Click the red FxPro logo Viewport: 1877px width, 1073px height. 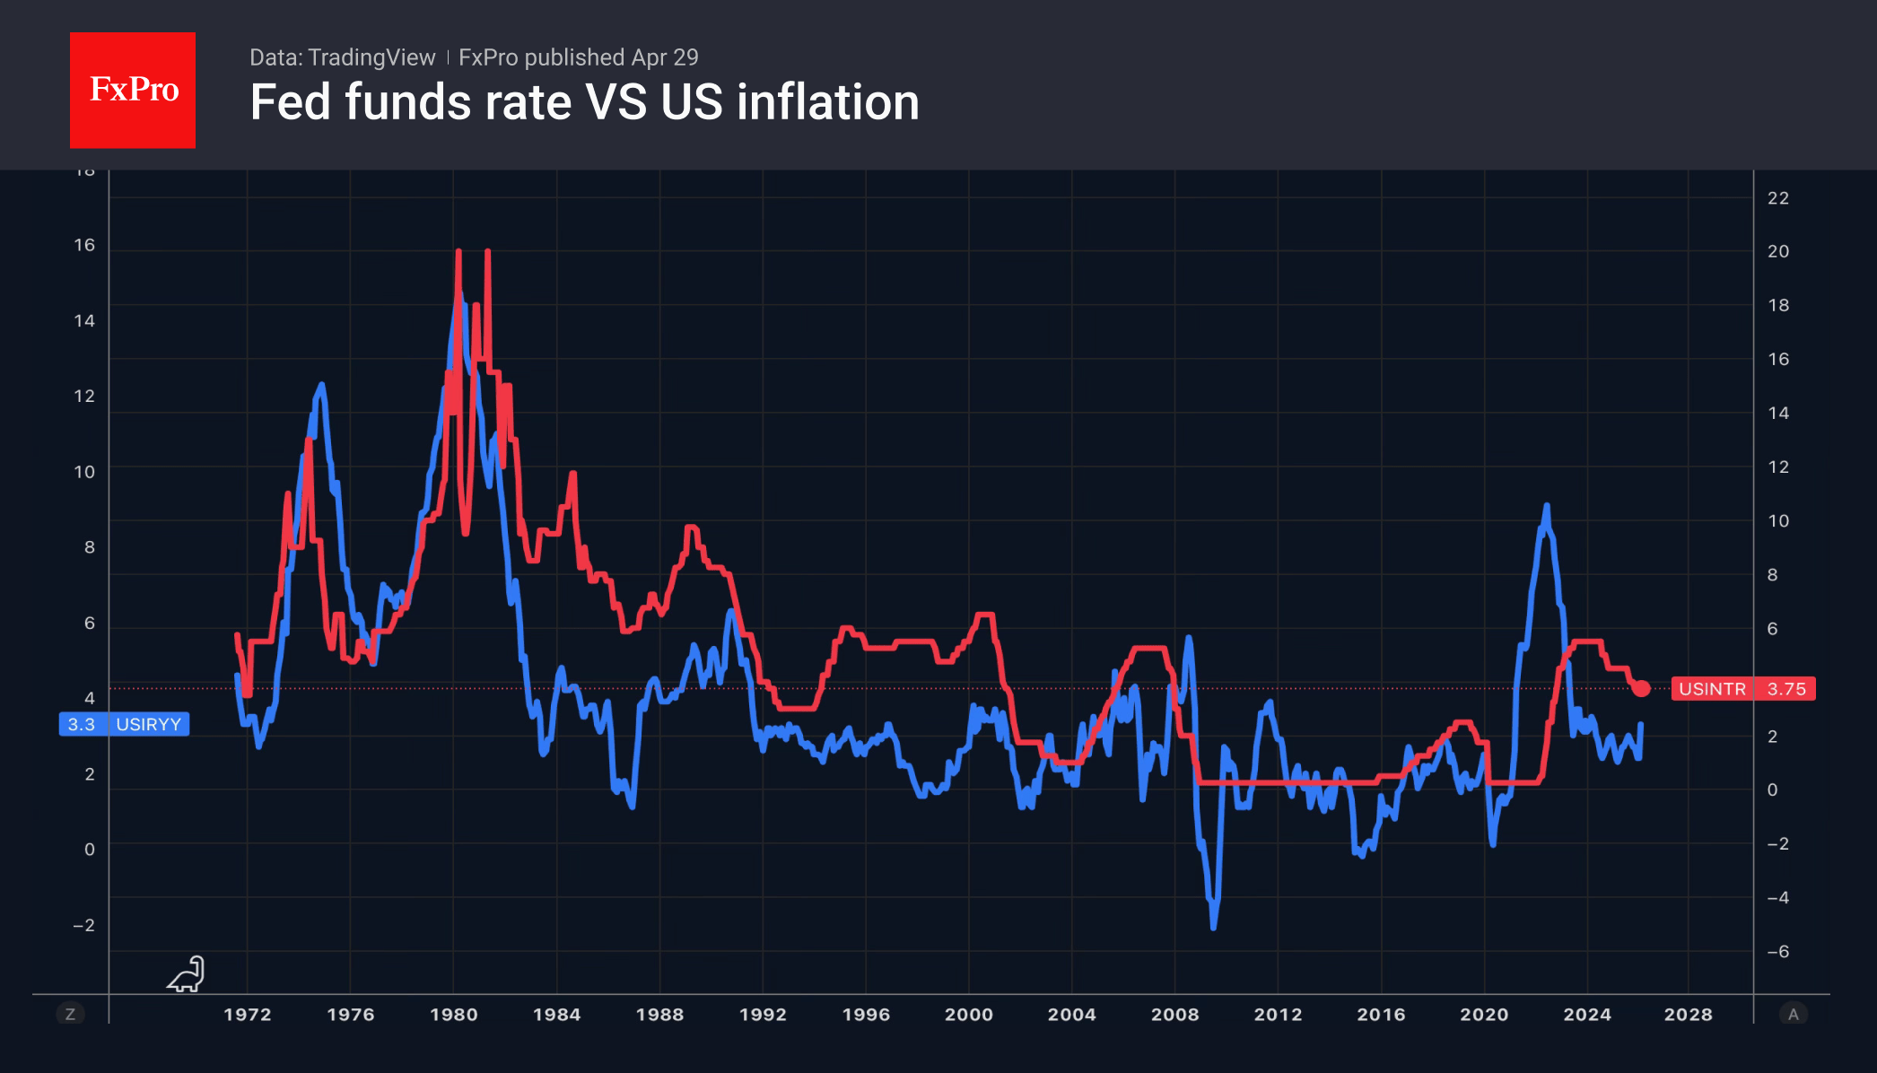click(x=133, y=90)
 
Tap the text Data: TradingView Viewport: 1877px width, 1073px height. click(x=342, y=57)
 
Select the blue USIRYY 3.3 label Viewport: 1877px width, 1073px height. click(x=124, y=724)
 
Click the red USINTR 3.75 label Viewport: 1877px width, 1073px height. click(x=1742, y=689)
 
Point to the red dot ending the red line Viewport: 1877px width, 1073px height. click(x=1641, y=689)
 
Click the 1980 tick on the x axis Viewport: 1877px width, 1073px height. click(x=453, y=1015)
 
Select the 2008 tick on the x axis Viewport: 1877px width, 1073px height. click(x=1174, y=1015)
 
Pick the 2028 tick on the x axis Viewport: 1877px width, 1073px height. click(x=1688, y=1015)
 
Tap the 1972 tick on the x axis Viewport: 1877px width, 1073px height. click(x=247, y=1015)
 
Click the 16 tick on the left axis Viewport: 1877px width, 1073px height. click(x=84, y=245)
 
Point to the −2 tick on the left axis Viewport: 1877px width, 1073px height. click(x=83, y=925)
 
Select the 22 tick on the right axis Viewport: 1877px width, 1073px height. click(x=1777, y=198)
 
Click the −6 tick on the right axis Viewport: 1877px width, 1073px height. click(x=1777, y=952)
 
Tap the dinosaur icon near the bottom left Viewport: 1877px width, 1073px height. click(x=187, y=974)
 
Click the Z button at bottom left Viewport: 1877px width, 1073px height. click(x=70, y=1015)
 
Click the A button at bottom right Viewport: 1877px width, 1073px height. click(x=1793, y=1015)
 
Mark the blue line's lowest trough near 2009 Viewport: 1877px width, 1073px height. click(x=1213, y=927)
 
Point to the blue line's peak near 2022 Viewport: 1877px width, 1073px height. click(x=1546, y=507)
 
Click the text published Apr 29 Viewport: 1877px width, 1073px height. click(x=611, y=57)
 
